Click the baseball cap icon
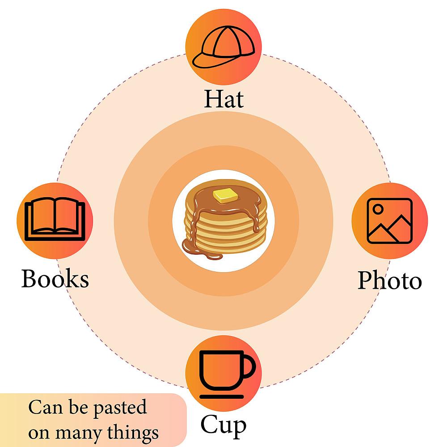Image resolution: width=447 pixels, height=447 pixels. [223, 47]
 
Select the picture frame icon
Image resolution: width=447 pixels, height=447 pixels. [390, 221]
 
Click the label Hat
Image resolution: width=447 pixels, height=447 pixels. [224, 99]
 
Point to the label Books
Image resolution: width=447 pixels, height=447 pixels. [55, 278]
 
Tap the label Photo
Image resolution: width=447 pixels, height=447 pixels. [390, 280]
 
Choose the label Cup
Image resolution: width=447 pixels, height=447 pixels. [223, 426]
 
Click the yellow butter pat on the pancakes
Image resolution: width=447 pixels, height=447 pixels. [225, 196]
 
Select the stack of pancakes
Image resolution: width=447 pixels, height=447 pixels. [225, 218]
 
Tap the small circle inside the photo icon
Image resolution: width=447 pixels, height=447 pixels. [378, 209]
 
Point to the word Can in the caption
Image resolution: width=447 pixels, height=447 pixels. [46, 407]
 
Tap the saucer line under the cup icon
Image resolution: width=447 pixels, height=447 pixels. [222, 396]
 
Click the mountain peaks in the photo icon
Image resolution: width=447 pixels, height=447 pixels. [390, 228]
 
